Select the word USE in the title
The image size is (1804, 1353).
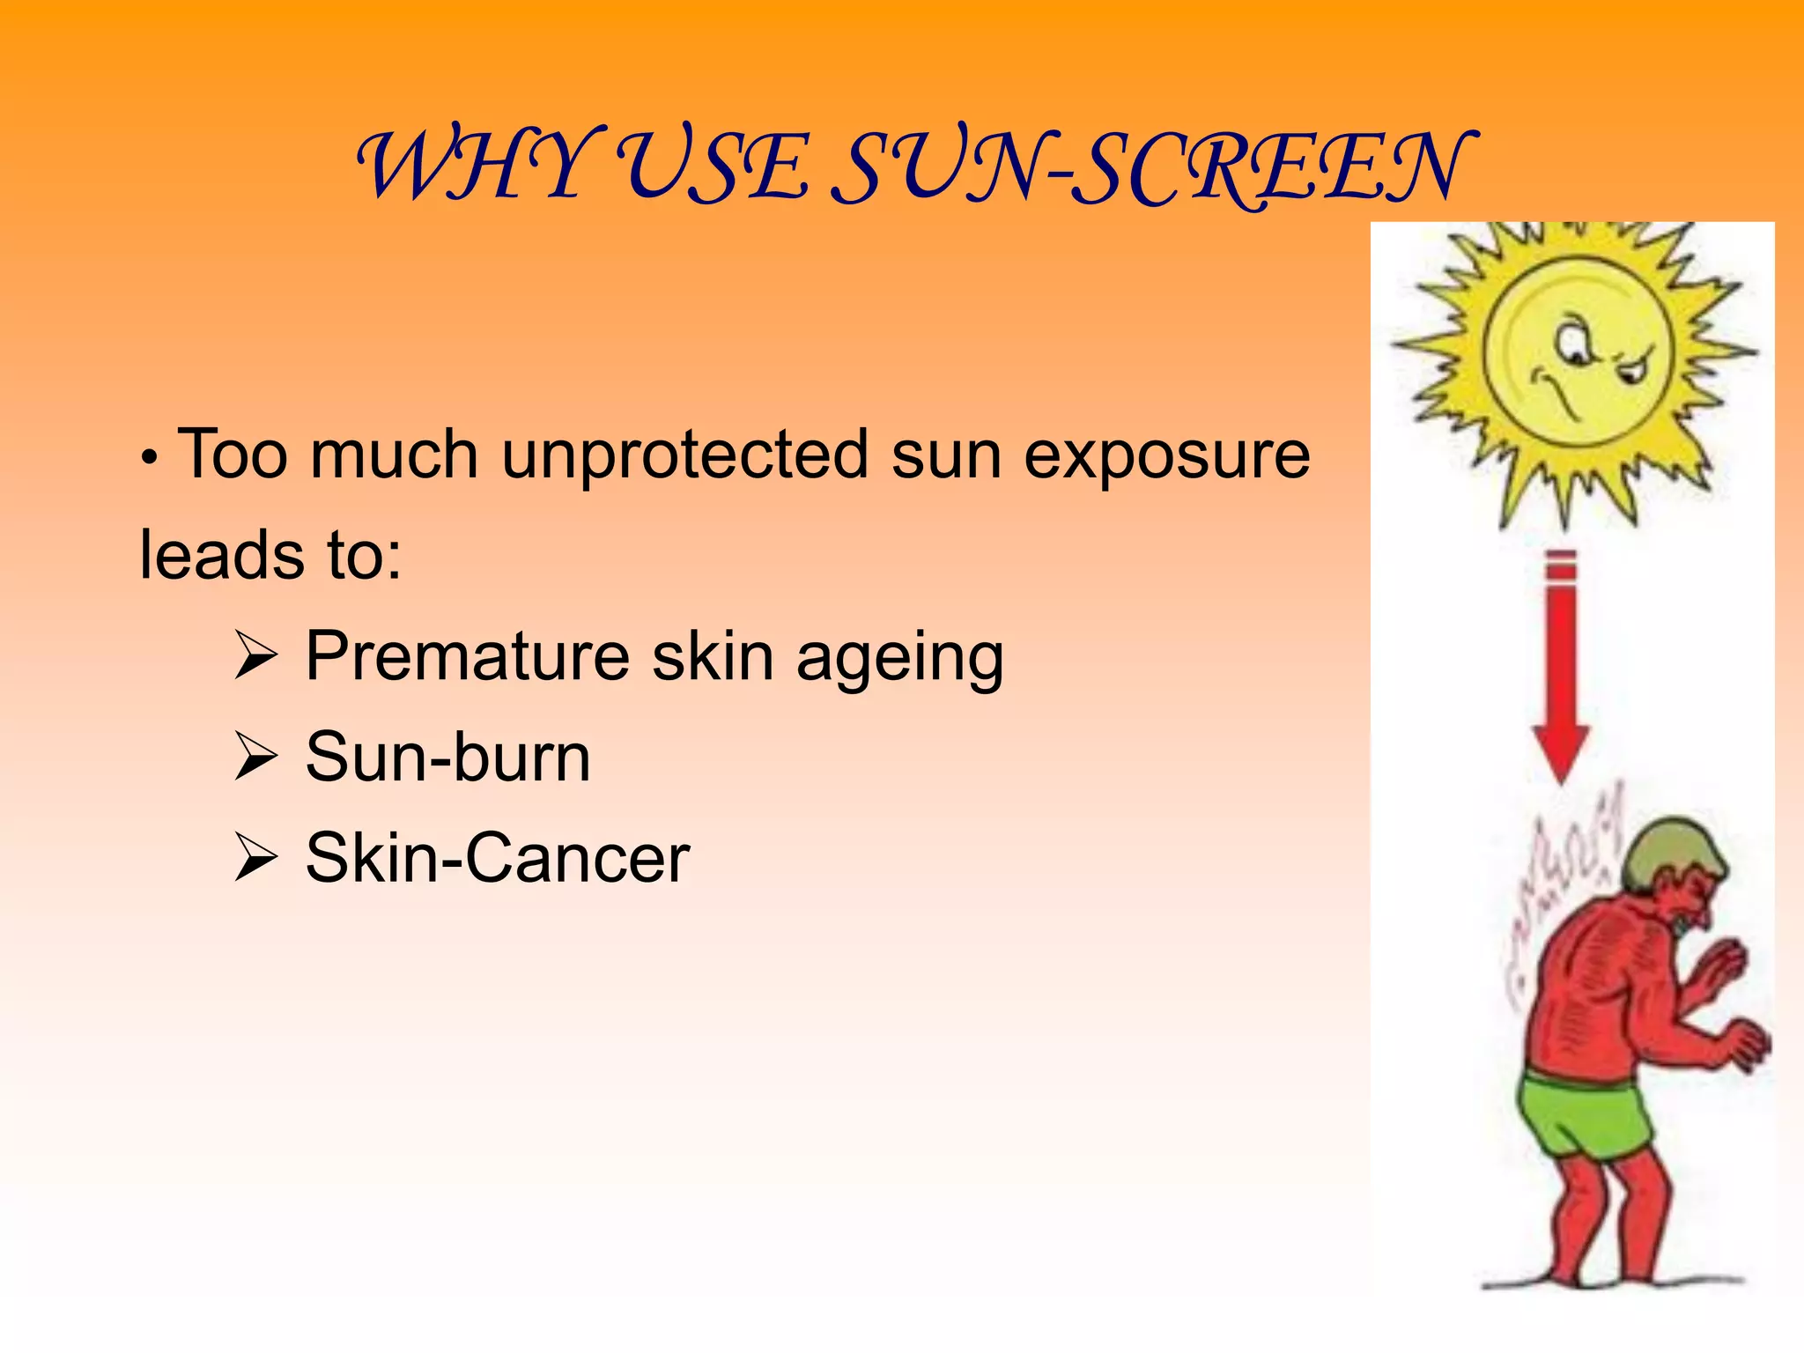(x=712, y=166)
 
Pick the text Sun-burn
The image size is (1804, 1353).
(x=447, y=758)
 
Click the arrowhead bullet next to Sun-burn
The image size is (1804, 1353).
(x=255, y=758)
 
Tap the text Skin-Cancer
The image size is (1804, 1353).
(x=497, y=858)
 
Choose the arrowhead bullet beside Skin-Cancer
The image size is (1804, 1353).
(x=255, y=860)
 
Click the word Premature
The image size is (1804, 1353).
(x=467, y=657)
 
